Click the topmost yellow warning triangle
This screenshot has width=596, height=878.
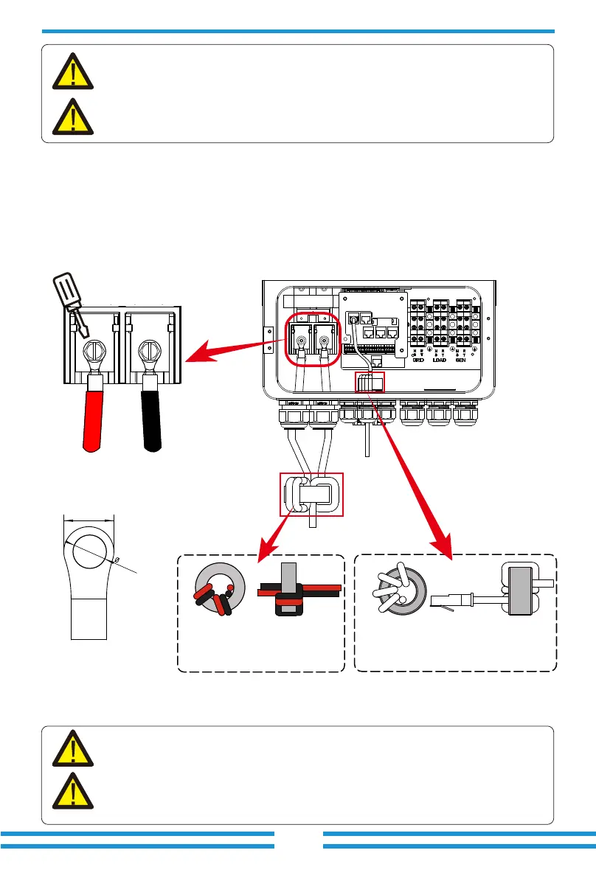coord(73,71)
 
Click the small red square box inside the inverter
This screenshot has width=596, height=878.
coord(371,382)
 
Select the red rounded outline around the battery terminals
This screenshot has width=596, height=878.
coord(313,341)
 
